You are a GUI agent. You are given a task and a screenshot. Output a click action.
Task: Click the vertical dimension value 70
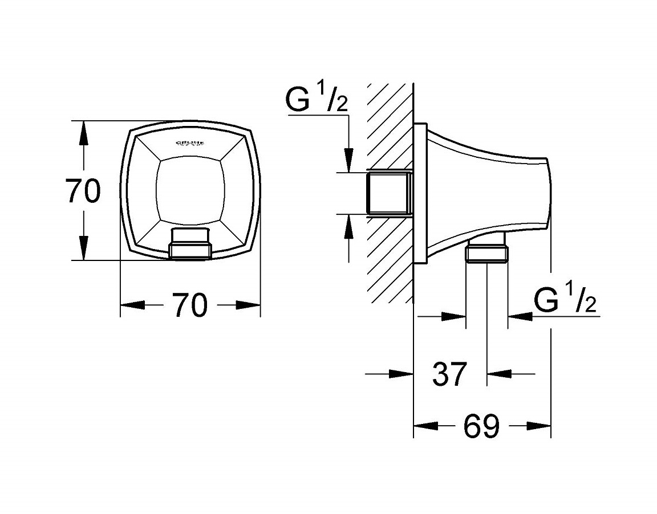83,191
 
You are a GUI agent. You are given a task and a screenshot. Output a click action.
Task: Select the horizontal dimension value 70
189,305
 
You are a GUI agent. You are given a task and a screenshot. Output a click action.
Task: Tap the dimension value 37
449,374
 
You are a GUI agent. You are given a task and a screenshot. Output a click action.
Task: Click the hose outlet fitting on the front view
190,245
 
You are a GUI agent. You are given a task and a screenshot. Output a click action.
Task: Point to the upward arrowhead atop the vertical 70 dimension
84,132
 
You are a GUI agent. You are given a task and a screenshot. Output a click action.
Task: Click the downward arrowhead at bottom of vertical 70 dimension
84,248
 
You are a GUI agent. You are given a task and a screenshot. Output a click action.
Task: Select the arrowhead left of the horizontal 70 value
132,305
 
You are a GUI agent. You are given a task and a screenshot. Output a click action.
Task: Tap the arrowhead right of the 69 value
539,426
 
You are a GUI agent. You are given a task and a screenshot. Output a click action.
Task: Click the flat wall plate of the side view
420,193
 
